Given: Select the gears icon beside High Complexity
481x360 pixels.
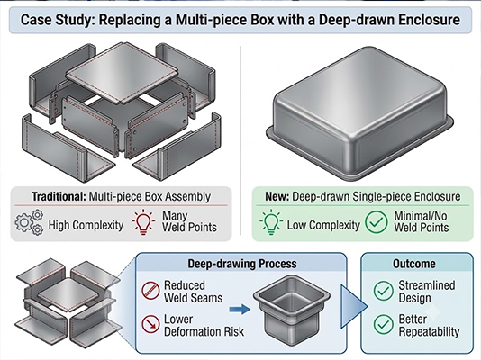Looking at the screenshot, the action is point(30,222).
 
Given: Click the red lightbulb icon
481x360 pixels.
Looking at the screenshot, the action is point(143,222).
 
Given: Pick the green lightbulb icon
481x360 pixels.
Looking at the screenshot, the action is point(271,222).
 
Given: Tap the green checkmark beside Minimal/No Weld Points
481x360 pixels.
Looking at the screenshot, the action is point(377,222).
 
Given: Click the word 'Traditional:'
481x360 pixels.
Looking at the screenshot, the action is point(59,197).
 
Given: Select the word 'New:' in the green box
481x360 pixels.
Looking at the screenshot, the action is point(277,197).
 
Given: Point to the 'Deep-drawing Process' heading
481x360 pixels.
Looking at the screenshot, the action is point(242,264).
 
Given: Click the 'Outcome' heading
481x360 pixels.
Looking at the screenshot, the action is point(414,264).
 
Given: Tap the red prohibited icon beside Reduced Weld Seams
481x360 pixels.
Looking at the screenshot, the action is point(150,291).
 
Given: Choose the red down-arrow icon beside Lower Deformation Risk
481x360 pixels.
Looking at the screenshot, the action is point(150,324).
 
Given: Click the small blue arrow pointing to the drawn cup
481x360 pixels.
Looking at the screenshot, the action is point(240,309).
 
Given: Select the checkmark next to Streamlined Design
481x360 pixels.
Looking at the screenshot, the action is point(384,291).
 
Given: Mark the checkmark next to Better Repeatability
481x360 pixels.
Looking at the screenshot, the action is point(384,324).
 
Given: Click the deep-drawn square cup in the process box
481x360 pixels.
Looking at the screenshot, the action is point(292,310).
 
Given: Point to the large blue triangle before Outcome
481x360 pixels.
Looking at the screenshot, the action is point(354,306).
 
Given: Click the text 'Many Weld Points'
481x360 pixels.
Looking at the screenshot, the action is point(189,221).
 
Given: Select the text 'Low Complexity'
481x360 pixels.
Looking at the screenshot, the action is point(323,226).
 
